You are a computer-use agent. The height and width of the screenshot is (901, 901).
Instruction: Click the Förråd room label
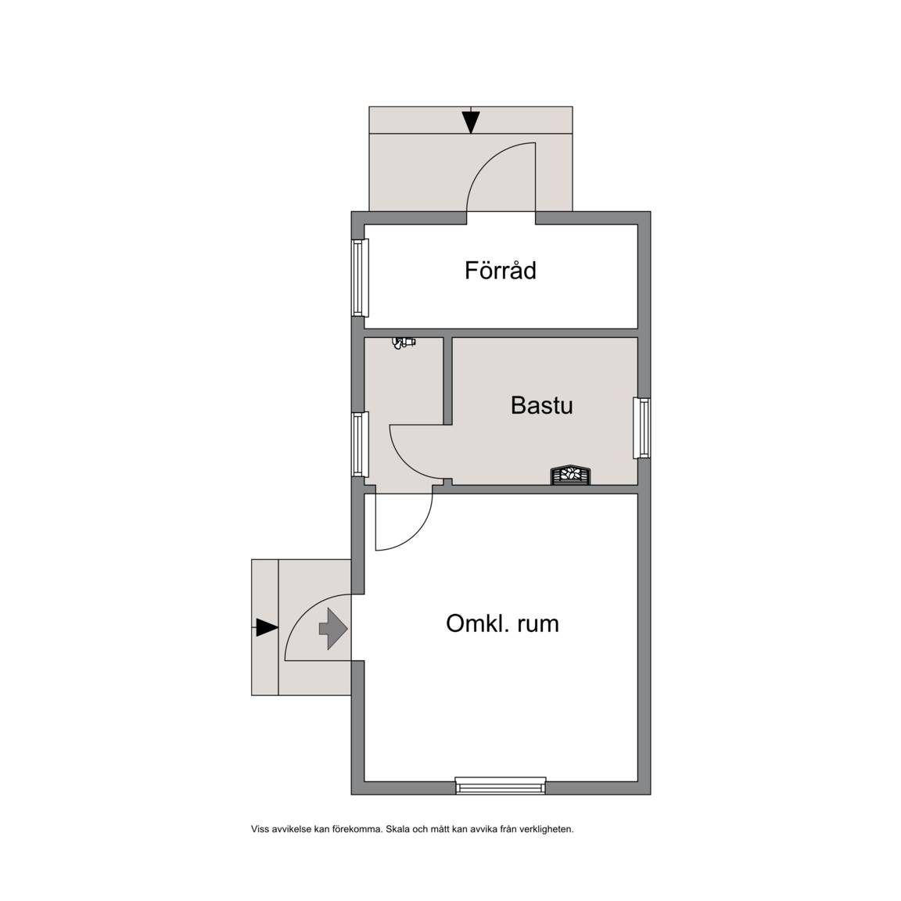(x=500, y=271)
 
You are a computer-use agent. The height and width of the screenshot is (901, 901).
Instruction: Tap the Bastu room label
(x=542, y=405)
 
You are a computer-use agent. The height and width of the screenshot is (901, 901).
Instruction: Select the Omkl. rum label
(x=502, y=623)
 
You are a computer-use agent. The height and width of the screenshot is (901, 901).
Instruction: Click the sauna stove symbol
(x=571, y=476)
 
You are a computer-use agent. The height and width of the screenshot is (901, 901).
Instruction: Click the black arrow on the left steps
(x=265, y=627)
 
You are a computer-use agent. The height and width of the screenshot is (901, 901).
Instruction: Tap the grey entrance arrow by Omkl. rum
(x=333, y=629)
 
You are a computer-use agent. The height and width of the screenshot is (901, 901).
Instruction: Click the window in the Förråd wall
(x=360, y=278)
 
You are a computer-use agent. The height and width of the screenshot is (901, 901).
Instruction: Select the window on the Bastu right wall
(x=642, y=428)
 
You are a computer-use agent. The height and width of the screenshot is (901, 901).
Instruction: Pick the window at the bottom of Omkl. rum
(x=501, y=785)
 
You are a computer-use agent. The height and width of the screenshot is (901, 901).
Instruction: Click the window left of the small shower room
(x=360, y=444)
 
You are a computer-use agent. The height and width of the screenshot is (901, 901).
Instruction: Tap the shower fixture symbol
(x=404, y=343)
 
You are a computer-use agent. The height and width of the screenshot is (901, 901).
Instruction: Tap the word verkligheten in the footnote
(x=547, y=829)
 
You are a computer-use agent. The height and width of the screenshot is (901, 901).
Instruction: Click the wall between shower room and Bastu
(x=447, y=381)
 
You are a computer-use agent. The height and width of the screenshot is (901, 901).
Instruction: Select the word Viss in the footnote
(x=260, y=829)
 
